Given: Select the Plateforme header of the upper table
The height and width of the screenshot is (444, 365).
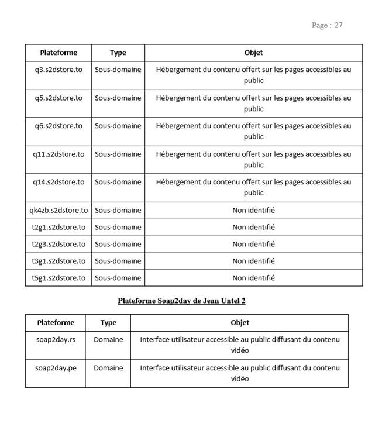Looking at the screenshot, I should pos(58,53).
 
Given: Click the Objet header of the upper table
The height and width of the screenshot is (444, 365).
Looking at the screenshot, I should pos(253,53).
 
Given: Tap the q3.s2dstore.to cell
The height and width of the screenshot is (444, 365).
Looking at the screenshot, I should pos(58,70).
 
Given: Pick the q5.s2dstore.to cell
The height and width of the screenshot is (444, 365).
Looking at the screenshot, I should pos(58,98).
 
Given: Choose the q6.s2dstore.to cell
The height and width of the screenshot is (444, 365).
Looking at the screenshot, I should pos(58,126).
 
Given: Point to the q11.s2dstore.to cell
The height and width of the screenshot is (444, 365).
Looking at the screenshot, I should pos(58,154).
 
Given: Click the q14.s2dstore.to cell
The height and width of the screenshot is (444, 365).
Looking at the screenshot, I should pos(58,182).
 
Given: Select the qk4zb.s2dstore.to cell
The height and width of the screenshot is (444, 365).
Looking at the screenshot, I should pos(58,211).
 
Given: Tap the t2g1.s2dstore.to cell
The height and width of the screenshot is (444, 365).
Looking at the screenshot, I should pos(58,228).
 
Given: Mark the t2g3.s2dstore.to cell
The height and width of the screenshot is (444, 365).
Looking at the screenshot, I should pos(58,245).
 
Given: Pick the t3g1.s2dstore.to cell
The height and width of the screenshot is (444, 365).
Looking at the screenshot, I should pos(58,261).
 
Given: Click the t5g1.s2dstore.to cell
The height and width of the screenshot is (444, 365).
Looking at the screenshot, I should pos(58,278).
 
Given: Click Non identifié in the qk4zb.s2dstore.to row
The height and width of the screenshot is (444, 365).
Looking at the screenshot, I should pos(253,211).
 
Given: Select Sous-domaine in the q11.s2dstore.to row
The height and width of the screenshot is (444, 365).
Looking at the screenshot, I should pos(118,154).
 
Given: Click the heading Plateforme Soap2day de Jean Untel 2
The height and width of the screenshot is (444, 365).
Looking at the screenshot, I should pos(181,301).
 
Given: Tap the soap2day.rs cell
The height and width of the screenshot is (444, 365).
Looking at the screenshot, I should pos(56,339).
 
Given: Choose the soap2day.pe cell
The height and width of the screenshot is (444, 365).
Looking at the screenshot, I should pos(56,368).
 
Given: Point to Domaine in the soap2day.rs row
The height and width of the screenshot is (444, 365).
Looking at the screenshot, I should pos(108,339).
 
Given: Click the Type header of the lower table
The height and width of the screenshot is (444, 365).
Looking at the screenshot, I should pos(108,323).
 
